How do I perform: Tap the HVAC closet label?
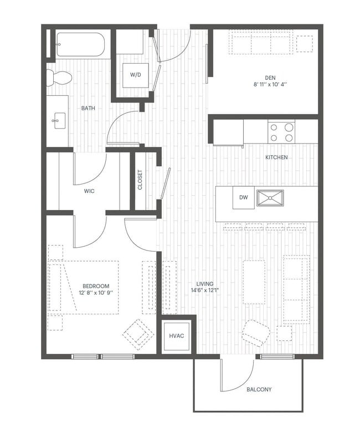(x=177, y=335)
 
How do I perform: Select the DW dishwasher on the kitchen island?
(x=243, y=197)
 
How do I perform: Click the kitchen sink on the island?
(x=270, y=198)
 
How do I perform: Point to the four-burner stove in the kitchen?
(x=281, y=132)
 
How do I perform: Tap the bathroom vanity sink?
(x=58, y=119)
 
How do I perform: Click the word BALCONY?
(x=259, y=390)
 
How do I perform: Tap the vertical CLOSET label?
(x=140, y=180)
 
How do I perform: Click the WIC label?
(x=89, y=191)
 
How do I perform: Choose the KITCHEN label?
(x=276, y=157)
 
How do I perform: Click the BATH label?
(x=88, y=108)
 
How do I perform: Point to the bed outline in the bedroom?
(x=83, y=287)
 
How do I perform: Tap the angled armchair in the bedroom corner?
(x=138, y=334)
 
